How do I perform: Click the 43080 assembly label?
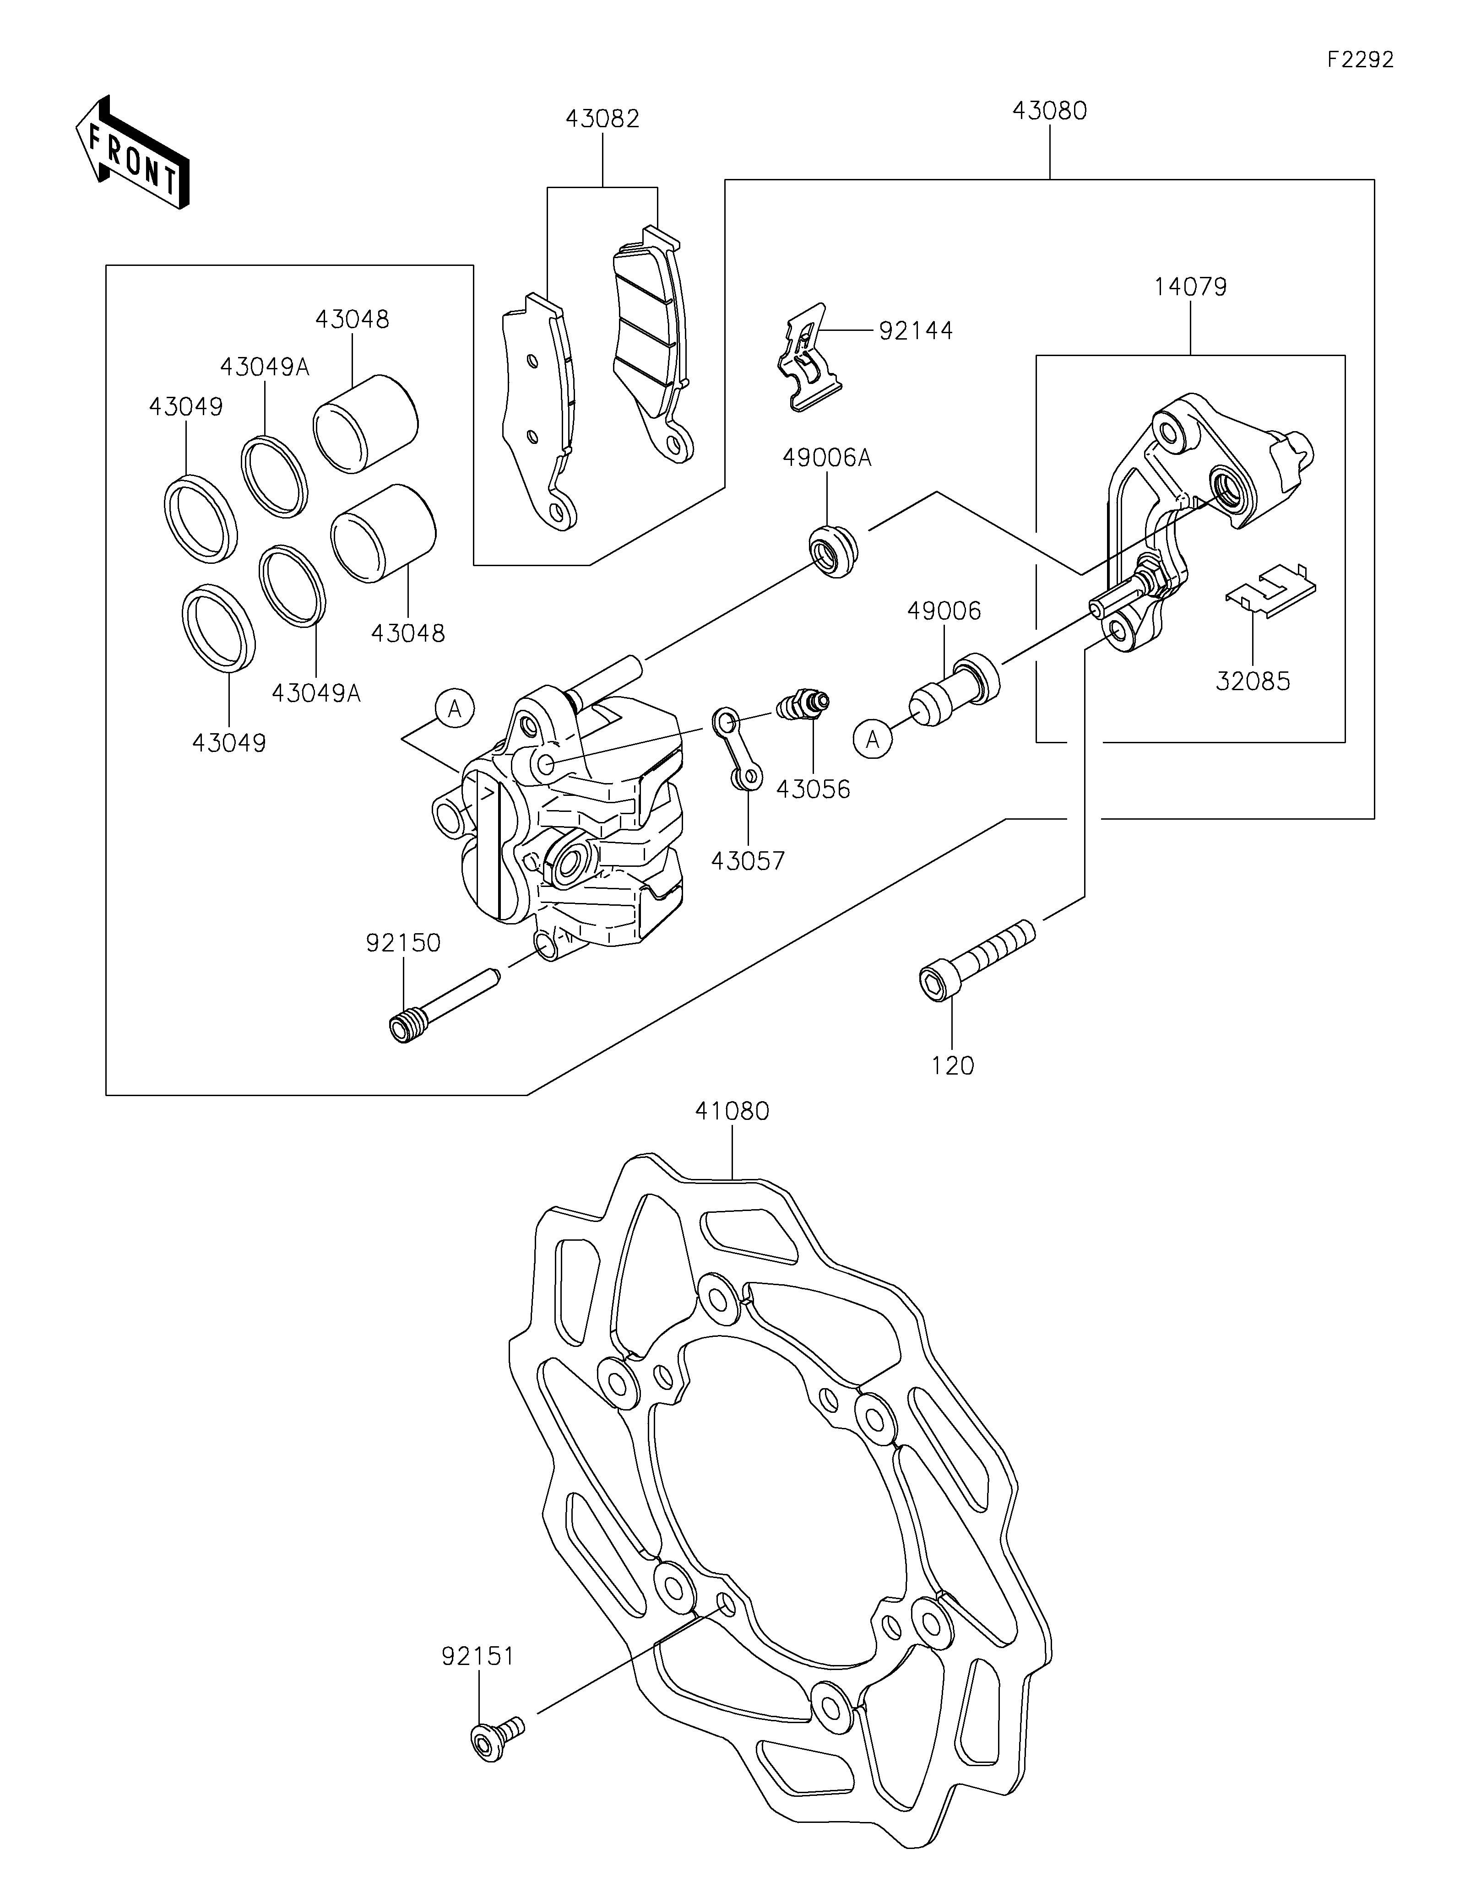point(1049,111)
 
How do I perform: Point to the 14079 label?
point(1190,287)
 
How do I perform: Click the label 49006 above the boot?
point(944,611)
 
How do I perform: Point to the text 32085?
point(1253,681)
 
